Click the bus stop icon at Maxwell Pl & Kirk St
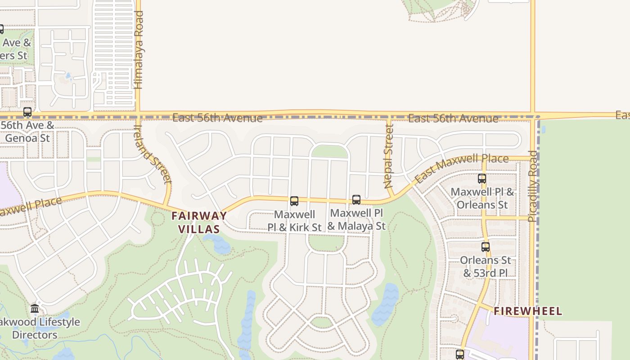294,201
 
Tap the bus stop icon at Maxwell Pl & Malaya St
356,199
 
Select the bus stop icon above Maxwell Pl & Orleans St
482,179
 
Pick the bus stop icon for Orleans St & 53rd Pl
486,247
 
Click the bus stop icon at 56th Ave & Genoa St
27,112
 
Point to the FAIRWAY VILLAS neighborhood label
199,222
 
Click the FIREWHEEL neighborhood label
528,311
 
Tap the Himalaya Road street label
139,50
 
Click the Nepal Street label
389,156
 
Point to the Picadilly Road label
532,186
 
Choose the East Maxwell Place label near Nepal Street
461,167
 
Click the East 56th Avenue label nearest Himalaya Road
217,118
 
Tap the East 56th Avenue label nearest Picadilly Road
453,119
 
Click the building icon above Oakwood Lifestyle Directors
35,309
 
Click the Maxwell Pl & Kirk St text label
294,221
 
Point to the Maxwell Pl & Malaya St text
356,219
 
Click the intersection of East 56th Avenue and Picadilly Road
533,115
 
